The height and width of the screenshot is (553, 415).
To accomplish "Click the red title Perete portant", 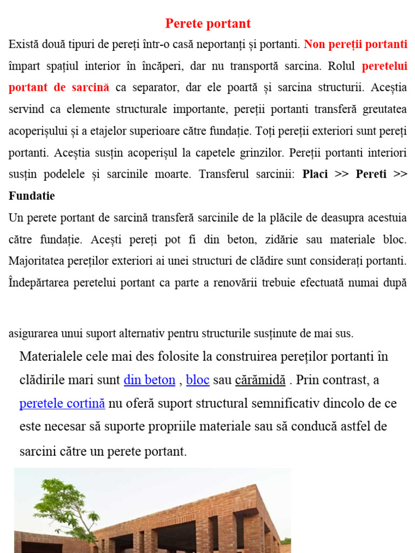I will click(x=207, y=24).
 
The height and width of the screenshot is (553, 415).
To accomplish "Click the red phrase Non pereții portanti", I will click(x=356, y=44).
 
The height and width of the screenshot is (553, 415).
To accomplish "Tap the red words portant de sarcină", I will click(x=59, y=87).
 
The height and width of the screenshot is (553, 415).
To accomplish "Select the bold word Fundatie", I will click(x=31, y=196).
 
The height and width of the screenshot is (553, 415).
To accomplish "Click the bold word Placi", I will click(x=315, y=174).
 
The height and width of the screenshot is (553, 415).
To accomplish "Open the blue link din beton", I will click(x=149, y=380).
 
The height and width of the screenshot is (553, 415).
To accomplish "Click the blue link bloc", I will click(x=198, y=380).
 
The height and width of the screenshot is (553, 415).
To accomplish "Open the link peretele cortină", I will click(x=62, y=403).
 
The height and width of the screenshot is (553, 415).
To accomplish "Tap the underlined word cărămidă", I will click(x=260, y=380).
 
